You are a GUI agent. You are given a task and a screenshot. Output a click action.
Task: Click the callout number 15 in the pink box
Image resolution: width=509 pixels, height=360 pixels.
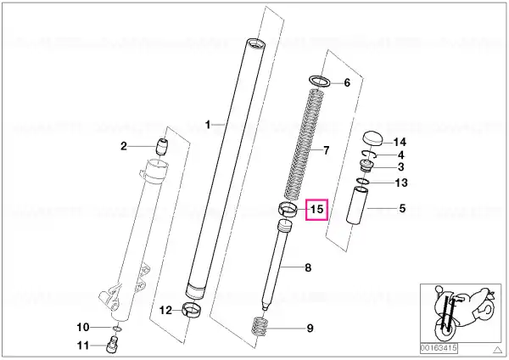click(316, 209)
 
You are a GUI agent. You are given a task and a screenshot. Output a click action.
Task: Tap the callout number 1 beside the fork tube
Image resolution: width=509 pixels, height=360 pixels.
click(208, 125)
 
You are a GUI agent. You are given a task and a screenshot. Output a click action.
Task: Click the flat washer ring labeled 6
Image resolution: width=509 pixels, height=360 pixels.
click(320, 81)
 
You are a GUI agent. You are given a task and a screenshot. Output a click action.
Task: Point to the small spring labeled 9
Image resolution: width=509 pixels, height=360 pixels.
click(260, 327)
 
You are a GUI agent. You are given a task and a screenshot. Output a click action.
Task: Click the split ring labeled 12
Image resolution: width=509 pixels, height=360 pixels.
click(192, 309)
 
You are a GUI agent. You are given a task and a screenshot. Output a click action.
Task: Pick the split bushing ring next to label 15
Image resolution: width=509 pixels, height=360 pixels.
click(288, 209)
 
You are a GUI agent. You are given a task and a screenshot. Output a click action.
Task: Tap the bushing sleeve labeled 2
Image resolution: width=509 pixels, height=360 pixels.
click(162, 147)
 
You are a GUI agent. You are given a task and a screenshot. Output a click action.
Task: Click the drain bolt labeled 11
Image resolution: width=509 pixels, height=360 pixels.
click(112, 345)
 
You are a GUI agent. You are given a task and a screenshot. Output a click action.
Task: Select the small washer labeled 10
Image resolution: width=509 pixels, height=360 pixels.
click(118, 329)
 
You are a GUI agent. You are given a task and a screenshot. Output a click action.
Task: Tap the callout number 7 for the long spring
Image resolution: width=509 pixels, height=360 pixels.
click(326, 150)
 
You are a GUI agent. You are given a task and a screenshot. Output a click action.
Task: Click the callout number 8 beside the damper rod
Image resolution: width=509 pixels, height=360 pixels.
click(308, 268)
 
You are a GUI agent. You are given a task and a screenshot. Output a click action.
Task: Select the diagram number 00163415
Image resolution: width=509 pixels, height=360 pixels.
click(439, 348)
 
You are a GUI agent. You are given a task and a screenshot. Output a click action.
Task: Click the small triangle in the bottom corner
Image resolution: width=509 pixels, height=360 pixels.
click(497, 350)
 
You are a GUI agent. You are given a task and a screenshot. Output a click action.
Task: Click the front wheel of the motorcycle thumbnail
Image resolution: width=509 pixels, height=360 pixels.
click(445, 331)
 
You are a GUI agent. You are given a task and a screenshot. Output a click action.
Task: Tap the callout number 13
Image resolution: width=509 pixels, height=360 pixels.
click(401, 183)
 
